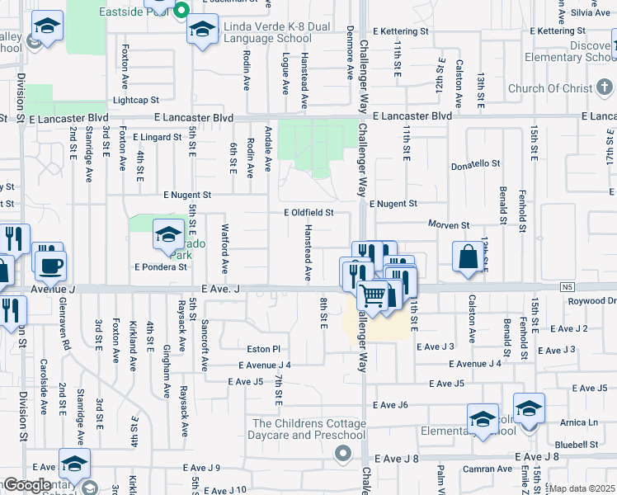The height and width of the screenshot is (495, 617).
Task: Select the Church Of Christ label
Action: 550,89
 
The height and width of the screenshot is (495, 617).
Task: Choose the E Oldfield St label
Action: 308,213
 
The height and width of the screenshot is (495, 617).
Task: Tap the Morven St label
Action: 448,224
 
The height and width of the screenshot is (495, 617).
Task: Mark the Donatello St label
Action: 476,165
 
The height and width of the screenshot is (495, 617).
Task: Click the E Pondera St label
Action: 161,267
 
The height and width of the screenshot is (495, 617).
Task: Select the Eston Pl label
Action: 264,349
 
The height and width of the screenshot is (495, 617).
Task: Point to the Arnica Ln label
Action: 581,422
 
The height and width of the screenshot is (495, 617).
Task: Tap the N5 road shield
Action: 564,287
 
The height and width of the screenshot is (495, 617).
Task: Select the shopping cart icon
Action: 374,294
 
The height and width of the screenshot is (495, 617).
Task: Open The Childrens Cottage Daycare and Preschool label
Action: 308,429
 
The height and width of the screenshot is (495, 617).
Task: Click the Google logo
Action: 26,485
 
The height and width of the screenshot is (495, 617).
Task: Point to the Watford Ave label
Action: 224,248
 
